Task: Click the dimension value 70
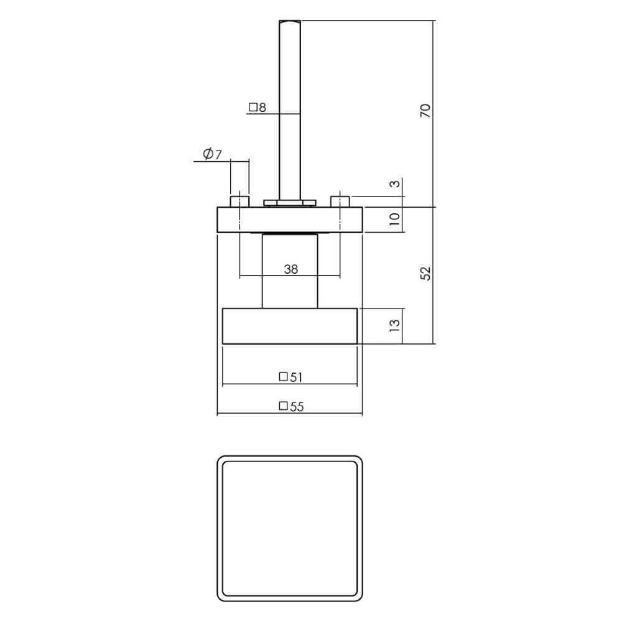click(425, 111)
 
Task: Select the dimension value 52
click(425, 274)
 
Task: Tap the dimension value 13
click(393, 325)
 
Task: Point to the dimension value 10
click(393, 220)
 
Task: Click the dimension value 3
click(393, 186)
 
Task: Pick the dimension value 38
click(290, 269)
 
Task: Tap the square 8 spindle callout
click(257, 108)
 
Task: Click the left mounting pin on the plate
click(239, 202)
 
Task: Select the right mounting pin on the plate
click(340, 202)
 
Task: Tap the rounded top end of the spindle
click(290, 24)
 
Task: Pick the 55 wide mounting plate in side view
click(289, 220)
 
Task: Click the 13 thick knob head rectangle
click(290, 325)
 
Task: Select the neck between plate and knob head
click(290, 271)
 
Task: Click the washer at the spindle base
click(290, 202)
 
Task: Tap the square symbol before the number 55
click(283, 407)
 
